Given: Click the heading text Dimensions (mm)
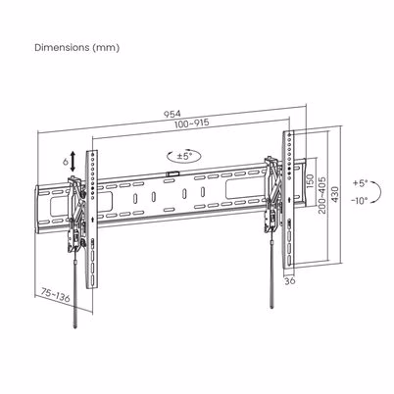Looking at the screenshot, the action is coord(77,48).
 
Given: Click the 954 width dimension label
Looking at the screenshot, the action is coord(172,114).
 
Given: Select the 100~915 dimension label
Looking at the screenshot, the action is coord(192,123).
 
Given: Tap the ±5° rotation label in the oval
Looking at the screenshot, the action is coord(185,156).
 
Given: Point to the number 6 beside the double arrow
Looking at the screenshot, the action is coord(65,162).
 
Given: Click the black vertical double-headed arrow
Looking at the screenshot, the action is coord(73,161).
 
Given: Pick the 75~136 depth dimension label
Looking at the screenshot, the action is coord(56,295).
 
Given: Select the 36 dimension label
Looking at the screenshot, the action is coord(289,280).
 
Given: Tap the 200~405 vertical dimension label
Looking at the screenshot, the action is coord(322,195).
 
